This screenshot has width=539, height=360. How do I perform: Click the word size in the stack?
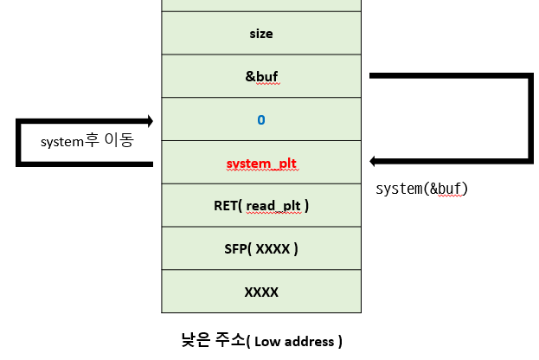coord(260,34)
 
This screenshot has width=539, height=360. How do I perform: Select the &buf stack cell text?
coord(260,76)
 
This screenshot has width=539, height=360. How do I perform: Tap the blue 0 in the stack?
coord(260,119)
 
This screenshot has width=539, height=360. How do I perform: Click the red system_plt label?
coord(260,163)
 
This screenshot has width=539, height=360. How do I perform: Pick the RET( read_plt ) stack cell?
coord(260,205)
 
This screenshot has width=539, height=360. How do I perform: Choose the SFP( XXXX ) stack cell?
coord(260,248)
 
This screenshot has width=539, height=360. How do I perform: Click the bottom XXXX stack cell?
coord(260,292)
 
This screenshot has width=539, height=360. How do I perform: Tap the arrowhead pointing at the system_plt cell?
coord(373,161)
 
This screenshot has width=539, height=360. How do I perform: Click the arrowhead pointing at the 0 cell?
coord(151,120)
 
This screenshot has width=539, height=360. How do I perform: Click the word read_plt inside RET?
coord(274,206)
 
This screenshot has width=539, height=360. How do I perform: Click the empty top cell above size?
coord(260,5)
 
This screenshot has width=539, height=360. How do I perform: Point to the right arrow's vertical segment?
coord(529,119)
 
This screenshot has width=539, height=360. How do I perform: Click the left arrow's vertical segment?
coord(18,142)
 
